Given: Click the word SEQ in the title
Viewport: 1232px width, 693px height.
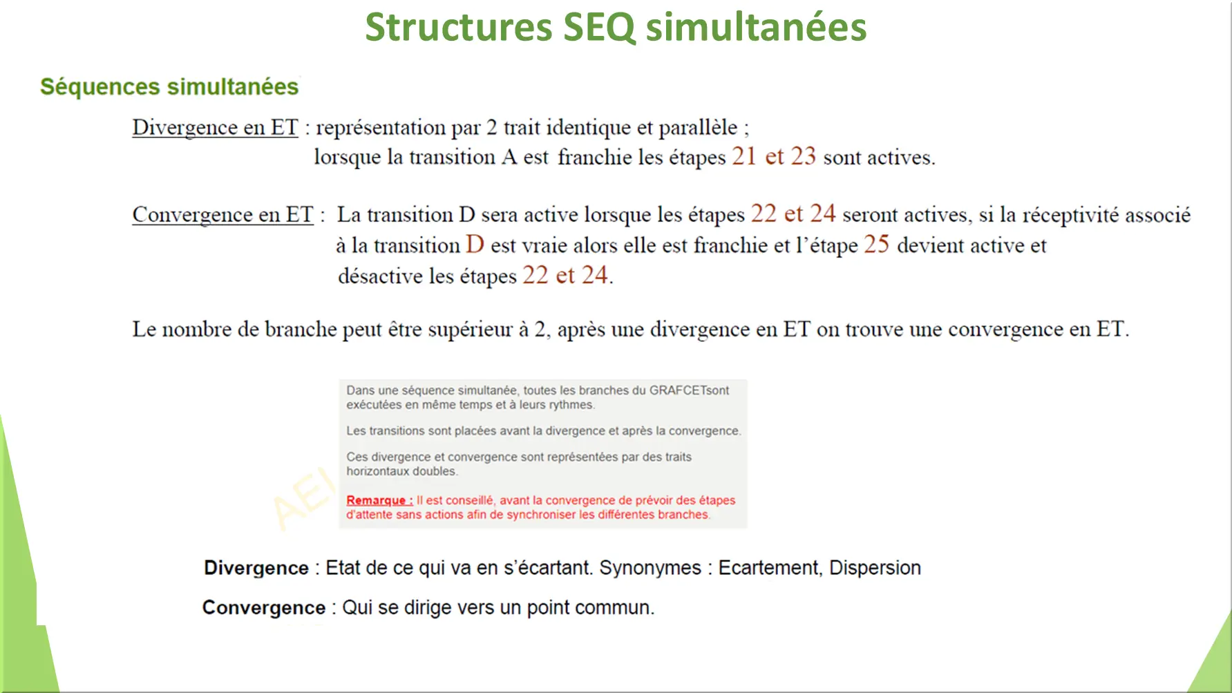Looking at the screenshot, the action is pyautogui.click(x=599, y=28).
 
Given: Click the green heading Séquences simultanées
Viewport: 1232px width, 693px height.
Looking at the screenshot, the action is pyautogui.click(x=169, y=87).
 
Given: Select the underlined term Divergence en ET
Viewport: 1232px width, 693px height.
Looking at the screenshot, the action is pyautogui.click(x=215, y=128).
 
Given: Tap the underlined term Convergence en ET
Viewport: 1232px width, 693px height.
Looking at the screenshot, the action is pyautogui.click(x=222, y=215).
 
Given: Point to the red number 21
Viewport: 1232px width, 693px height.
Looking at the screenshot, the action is pyautogui.click(x=744, y=156).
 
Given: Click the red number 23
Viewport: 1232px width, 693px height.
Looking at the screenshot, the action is pyautogui.click(x=803, y=156).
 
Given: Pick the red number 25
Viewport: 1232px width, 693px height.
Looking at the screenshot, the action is pyautogui.click(x=876, y=244).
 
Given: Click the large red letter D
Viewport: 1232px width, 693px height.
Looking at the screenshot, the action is pyautogui.click(x=475, y=244).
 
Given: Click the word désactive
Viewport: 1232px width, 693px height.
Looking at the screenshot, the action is pyautogui.click(x=380, y=276).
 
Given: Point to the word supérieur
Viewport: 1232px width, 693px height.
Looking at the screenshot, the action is pyautogui.click(x=471, y=330).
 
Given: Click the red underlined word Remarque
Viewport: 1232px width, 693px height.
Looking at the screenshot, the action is pyautogui.click(x=379, y=500).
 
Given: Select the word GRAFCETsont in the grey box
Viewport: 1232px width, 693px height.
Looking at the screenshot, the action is pyautogui.click(x=689, y=390).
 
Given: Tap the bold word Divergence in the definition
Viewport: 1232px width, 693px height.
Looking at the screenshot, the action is pyautogui.click(x=256, y=568).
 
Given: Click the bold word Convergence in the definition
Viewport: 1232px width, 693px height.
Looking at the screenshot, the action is pyautogui.click(x=264, y=608).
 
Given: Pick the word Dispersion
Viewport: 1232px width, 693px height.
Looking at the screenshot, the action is pyautogui.click(x=875, y=568).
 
